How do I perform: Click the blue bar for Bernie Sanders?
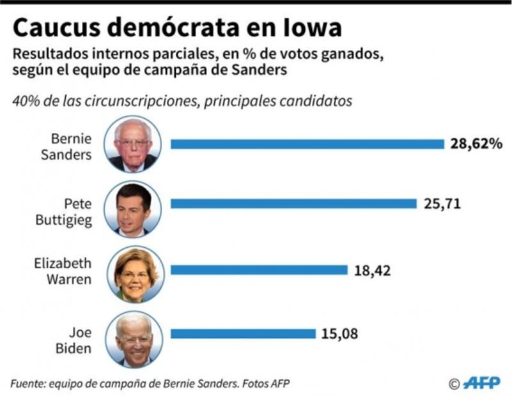(x=307, y=144)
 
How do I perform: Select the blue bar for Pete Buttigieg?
(x=293, y=204)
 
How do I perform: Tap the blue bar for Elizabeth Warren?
(x=259, y=270)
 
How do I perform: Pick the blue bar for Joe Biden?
(x=243, y=333)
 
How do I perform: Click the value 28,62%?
(x=476, y=144)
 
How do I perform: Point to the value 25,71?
(x=442, y=204)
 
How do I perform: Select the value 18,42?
(x=372, y=270)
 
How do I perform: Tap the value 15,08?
(x=340, y=333)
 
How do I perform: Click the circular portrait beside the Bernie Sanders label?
(x=133, y=144)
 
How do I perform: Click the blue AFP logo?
(x=481, y=383)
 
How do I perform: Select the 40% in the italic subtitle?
(x=24, y=102)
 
